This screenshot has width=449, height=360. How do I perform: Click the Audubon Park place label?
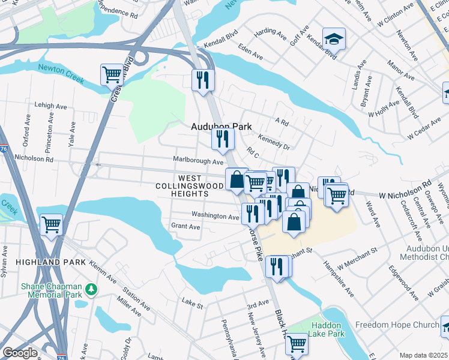(x=220, y=127)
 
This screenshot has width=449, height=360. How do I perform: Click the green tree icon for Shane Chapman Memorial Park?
(x=91, y=289)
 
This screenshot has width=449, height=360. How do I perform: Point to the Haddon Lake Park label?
(x=328, y=329)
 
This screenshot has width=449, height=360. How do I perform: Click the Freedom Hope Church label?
(x=397, y=325)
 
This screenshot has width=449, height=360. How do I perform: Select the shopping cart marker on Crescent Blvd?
(x=112, y=76)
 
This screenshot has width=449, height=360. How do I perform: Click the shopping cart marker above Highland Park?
(x=52, y=225)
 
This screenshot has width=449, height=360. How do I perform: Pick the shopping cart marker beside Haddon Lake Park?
(x=297, y=344)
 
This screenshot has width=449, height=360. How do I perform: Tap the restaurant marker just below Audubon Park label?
(x=223, y=139)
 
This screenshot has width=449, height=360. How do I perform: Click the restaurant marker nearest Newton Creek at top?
(x=203, y=79)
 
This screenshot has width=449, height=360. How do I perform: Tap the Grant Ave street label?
(x=185, y=227)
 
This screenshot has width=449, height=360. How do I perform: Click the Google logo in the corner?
(x=20, y=353)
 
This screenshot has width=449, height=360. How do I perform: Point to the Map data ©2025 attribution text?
(x=423, y=355)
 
